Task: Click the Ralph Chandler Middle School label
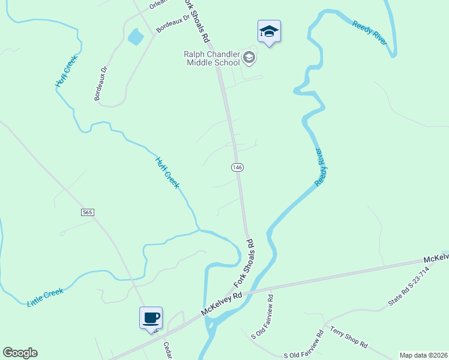click(x=212, y=58)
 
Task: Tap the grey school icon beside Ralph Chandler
click(x=250, y=58)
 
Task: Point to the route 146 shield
click(x=238, y=166)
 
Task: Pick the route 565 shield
click(x=88, y=212)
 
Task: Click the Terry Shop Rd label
click(x=349, y=337)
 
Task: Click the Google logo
click(x=20, y=353)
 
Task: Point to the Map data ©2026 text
click(x=423, y=355)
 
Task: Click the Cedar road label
click(x=167, y=350)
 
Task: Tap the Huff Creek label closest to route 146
click(x=167, y=173)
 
